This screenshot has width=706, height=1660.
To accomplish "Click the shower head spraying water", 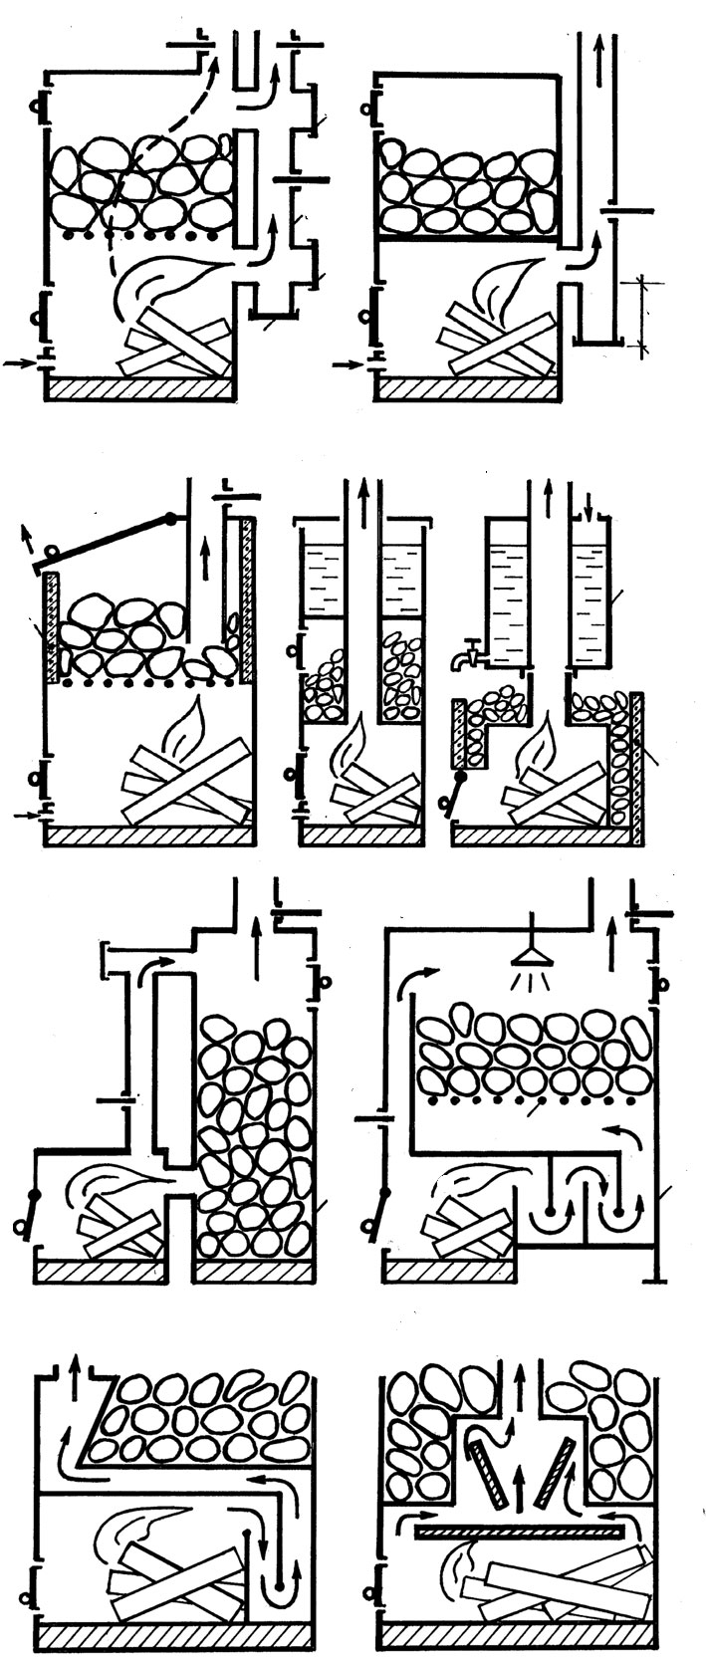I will coord(532,957).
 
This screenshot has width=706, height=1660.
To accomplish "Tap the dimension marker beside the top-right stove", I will coord(640,315).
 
